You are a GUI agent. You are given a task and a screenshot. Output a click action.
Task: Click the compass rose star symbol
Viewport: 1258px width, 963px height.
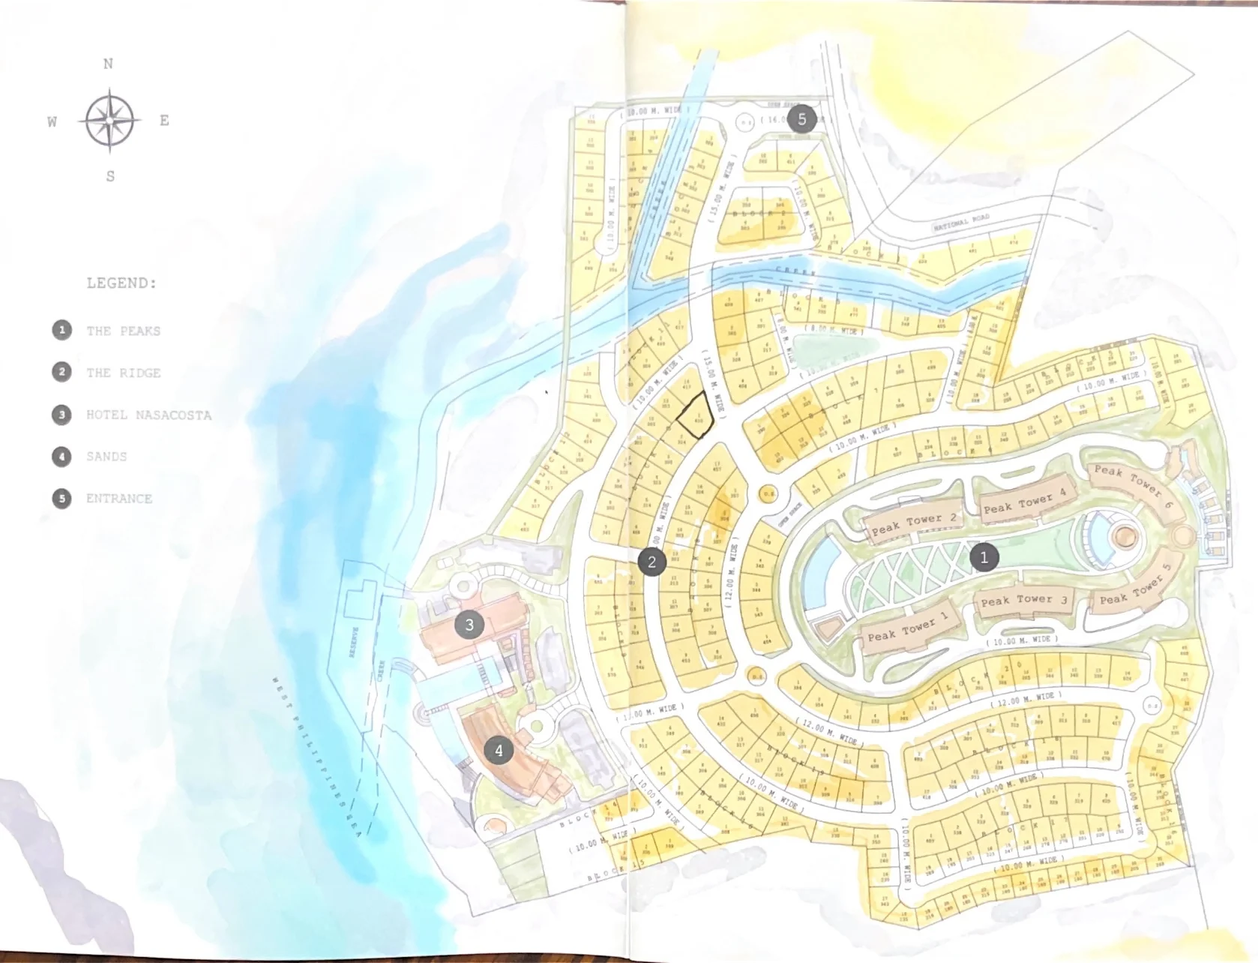[109, 120]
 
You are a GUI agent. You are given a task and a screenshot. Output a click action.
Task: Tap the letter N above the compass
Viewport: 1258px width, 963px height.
[108, 64]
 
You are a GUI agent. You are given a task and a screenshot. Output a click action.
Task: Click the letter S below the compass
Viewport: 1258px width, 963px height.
[110, 177]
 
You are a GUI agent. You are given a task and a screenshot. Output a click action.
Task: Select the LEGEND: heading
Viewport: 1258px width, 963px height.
[121, 283]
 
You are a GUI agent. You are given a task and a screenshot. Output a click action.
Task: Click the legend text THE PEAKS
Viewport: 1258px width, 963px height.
[123, 331]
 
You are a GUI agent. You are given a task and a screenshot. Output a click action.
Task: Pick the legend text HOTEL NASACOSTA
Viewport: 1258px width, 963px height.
[148, 415]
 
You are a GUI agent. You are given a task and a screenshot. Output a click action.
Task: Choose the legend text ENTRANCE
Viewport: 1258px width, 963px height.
[118, 498]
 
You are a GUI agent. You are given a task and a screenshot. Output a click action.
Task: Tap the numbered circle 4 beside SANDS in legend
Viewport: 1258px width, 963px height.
[61, 457]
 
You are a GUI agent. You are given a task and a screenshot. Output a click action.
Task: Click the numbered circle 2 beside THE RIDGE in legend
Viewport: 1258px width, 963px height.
[61, 373]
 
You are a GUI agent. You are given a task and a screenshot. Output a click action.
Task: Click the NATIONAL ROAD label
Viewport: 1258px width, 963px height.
[961, 221]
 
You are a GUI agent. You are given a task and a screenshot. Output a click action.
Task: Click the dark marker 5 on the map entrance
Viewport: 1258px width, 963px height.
[802, 118]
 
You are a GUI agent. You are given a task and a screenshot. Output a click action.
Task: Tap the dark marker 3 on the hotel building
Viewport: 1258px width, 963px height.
[469, 624]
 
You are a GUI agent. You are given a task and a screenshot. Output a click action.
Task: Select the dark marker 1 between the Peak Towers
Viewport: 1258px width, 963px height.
[984, 556]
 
